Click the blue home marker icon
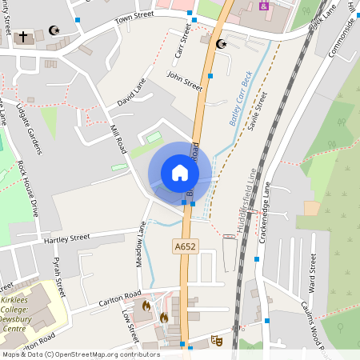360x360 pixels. click(180, 173)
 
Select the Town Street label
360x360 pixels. click(134, 18)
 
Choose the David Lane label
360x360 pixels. click(132, 92)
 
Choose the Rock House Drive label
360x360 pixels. click(28, 193)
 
